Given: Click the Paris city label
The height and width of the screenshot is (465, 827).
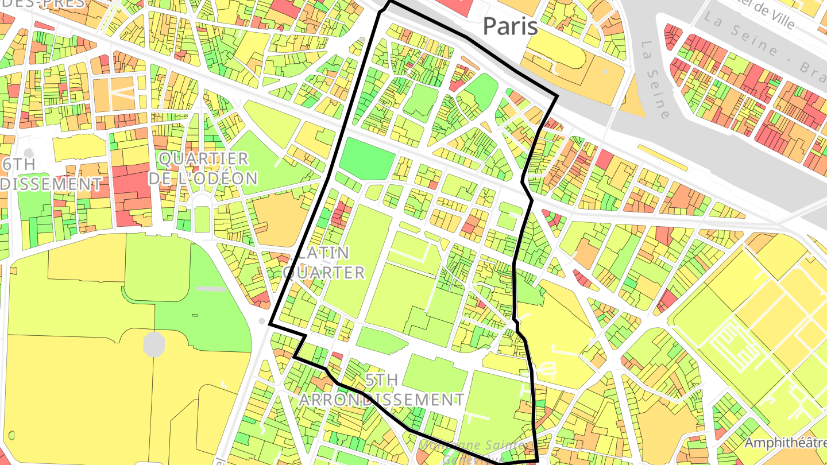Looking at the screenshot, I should point(510,26).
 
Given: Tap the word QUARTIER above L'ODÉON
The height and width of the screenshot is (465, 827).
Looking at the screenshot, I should point(204,158).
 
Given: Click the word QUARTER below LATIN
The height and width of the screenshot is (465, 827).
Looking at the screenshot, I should point(324,272).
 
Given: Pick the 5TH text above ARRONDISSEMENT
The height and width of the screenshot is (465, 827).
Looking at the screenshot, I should point(381,379).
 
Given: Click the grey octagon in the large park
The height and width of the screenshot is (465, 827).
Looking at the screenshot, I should point(154,343).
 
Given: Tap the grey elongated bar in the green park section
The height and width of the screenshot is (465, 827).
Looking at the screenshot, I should point(211,288).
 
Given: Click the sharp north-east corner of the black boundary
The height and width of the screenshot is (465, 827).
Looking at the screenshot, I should point(557,96).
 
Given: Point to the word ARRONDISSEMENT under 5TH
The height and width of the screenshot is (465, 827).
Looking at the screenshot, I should point(381,400).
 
